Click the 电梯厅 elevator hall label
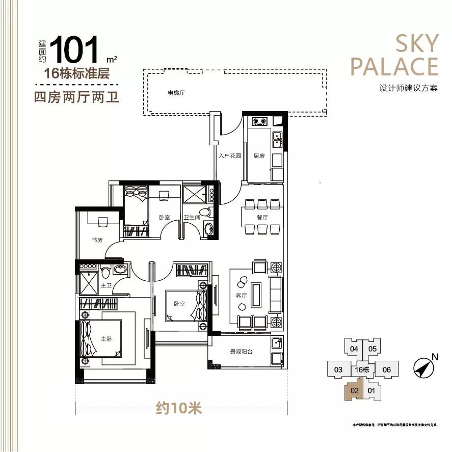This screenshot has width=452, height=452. pyautogui.click(x=176, y=93)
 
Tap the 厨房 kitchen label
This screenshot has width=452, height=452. pyautogui.click(x=259, y=156)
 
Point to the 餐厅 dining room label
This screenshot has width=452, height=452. pyautogui.click(x=262, y=217)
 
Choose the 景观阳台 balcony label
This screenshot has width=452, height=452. pyautogui.click(x=242, y=352)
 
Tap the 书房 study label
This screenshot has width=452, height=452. pyautogui.click(x=97, y=240)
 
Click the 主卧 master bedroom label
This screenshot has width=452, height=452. pyautogui.click(x=106, y=339)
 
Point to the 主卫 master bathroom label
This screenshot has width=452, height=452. pyautogui.click(x=106, y=286)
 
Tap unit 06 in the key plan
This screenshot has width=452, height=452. pyautogui.click(x=386, y=369)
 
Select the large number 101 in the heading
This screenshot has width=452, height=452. pyautogui.click(x=74, y=49)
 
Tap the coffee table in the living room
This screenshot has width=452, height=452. pyautogui.click(x=255, y=295)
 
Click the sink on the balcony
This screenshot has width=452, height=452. pyautogui.click(x=276, y=342)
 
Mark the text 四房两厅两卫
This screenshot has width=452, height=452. pyautogui.click(x=76, y=96)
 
